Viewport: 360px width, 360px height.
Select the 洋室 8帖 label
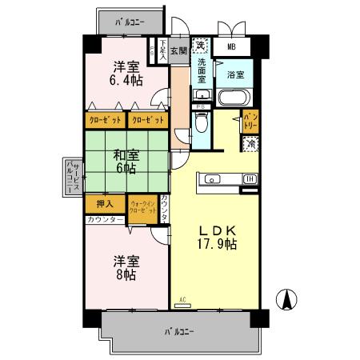tap(123, 268)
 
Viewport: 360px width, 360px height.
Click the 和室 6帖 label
tap(123, 162)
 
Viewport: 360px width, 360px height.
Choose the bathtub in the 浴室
tap(234, 101)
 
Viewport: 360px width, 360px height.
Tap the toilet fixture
tap(201, 122)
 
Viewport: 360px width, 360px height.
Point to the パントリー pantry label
tap(250, 122)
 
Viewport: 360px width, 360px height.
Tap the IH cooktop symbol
tap(250, 178)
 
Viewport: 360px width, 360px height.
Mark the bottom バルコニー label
tap(179, 330)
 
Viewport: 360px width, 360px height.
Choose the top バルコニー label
tap(127, 22)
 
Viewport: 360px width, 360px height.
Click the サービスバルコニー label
tap(70, 176)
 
